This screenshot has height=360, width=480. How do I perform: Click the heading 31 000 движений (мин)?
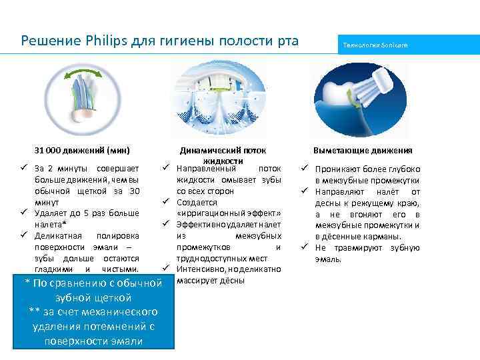point(81,150)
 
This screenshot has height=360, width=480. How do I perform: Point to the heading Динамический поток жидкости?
point(222,155)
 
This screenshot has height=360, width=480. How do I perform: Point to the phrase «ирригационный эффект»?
point(229,213)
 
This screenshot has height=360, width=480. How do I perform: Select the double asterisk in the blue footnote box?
point(35,311)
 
